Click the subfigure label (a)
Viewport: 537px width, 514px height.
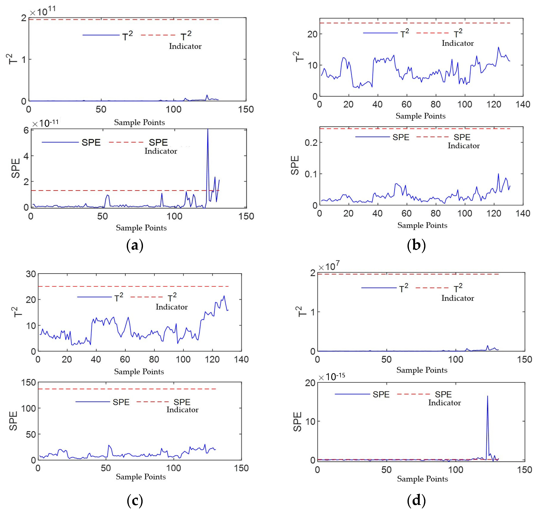(x=134, y=246)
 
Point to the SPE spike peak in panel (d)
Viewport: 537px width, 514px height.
(x=487, y=396)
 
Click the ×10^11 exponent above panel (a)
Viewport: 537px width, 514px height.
(x=42, y=11)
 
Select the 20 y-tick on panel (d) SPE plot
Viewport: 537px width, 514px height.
(x=310, y=383)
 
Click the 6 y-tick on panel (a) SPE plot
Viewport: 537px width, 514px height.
(x=26, y=130)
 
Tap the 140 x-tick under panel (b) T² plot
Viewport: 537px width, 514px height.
(x=523, y=104)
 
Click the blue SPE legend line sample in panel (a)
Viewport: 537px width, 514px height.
(x=60, y=142)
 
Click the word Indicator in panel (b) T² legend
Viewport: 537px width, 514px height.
(x=458, y=43)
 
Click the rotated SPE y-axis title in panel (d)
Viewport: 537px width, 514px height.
(x=297, y=422)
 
